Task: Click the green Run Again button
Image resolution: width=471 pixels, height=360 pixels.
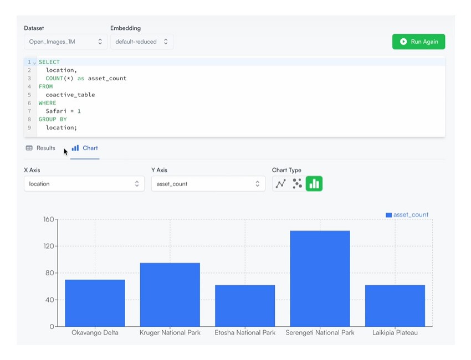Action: [x=418, y=42]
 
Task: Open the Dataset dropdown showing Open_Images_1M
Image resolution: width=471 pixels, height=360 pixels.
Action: [x=65, y=42]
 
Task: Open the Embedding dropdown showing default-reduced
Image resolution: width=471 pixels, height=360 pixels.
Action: [x=142, y=42]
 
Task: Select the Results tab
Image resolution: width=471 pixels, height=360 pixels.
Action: [x=40, y=148]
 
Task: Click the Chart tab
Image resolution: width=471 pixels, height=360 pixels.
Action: [x=85, y=148]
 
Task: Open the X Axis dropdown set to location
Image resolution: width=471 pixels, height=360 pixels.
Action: [x=84, y=184]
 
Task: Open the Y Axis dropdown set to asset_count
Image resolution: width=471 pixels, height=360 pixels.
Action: [x=208, y=184]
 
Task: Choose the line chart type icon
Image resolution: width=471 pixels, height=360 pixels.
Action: [x=280, y=183]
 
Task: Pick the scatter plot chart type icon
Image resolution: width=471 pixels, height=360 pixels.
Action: [x=297, y=183]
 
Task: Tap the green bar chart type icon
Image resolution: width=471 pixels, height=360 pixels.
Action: [x=314, y=183]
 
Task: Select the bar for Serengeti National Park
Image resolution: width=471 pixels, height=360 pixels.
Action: [x=320, y=279]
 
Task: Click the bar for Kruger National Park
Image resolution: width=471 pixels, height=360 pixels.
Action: [x=170, y=295]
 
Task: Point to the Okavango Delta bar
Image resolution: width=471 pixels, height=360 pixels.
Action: [x=95, y=303]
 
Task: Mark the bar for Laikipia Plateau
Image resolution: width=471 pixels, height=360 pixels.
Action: [x=395, y=306]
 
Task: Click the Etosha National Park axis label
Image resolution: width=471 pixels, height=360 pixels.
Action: [x=245, y=333]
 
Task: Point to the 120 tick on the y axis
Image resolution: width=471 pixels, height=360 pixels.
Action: [x=49, y=246]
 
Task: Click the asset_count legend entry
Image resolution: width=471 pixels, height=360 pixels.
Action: [x=407, y=215]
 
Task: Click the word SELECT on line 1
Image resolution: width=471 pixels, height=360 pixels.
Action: [x=49, y=62]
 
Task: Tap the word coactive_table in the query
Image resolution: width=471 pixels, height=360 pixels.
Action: [x=70, y=95]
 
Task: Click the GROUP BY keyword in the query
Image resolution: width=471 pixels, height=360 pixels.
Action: [x=53, y=119]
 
